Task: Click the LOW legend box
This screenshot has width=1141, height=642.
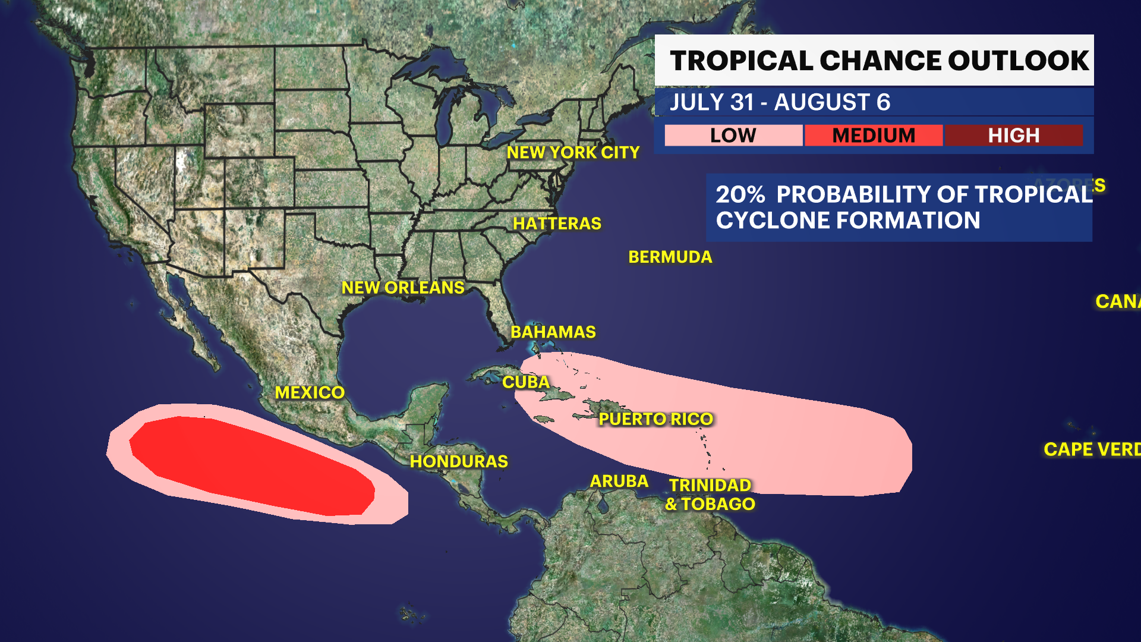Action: [x=733, y=136]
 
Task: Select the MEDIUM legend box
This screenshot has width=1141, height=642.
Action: [x=873, y=136]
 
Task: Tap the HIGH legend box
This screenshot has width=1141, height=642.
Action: [x=1013, y=136]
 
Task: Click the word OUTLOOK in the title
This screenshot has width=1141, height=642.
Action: [x=1017, y=61]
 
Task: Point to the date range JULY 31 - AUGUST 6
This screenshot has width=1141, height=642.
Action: [x=780, y=102]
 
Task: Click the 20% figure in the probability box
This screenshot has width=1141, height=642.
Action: [x=740, y=195]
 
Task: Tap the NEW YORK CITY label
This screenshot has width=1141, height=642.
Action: [x=573, y=153]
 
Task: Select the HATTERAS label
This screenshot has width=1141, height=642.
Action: [x=557, y=224]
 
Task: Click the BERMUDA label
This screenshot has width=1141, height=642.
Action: [x=670, y=257]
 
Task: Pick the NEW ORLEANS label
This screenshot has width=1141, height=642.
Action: [x=402, y=288]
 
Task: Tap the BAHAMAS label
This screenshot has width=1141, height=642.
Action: [x=553, y=332]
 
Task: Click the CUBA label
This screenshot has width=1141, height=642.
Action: [x=525, y=382]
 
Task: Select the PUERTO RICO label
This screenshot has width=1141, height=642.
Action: [x=655, y=419]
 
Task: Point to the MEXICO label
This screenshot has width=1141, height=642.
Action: [x=309, y=392]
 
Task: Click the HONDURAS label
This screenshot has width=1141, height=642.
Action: [x=459, y=461]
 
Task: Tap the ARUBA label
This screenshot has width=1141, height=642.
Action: [x=619, y=481]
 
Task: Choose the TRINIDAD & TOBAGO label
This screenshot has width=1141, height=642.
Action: [x=710, y=495]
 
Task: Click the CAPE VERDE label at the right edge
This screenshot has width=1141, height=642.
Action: [x=1091, y=449]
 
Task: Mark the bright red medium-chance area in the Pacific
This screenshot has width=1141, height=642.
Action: [x=250, y=464]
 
